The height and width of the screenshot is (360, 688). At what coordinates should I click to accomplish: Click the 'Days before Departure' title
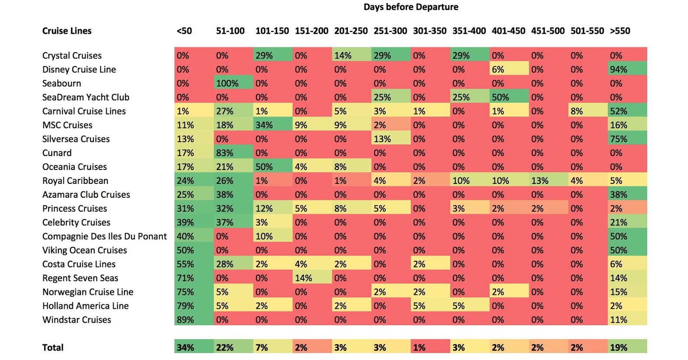tap(411, 7)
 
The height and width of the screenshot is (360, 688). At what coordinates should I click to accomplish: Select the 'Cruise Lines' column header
tap(67, 31)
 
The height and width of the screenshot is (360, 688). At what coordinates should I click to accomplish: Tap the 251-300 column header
tap(390, 31)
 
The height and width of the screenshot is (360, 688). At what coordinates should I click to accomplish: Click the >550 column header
tap(620, 31)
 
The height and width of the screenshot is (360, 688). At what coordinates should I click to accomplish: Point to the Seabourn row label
tap(62, 83)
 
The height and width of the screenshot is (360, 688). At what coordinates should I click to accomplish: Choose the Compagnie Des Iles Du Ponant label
tap(105, 236)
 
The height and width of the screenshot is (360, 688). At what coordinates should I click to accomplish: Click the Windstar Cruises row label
tap(77, 320)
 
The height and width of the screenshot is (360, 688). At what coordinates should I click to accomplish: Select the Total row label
tap(53, 347)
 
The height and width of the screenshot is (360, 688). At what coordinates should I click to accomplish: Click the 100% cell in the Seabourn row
tap(233, 83)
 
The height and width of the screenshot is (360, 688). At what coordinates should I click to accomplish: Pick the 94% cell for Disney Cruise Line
tap(627, 69)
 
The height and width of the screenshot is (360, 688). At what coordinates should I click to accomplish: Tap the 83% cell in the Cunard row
tap(233, 153)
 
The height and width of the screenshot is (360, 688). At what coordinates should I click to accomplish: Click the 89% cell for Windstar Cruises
tap(194, 320)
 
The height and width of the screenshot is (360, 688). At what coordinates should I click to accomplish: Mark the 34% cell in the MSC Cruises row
tap(273, 125)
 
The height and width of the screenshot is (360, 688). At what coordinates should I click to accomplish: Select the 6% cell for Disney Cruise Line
tap(509, 69)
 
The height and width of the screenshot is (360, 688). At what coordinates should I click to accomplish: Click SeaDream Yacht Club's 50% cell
tap(509, 97)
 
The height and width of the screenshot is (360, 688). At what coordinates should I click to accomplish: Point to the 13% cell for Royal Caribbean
tap(549, 180)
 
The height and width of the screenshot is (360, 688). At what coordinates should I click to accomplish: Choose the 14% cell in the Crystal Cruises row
tap(351, 56)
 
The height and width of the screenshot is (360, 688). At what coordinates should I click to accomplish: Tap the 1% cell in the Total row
tap(430, 347)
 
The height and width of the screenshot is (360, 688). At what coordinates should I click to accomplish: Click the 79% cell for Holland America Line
tap(194, 306)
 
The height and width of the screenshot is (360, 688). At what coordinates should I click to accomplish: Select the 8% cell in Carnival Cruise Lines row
tap(588, 111)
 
